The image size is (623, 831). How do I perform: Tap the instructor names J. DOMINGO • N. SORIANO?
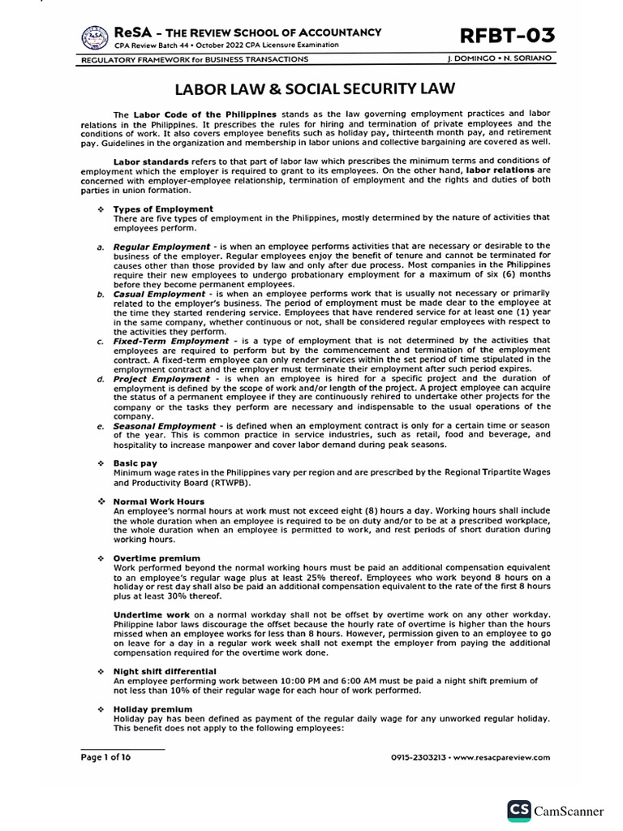499,59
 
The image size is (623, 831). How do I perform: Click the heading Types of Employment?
163,209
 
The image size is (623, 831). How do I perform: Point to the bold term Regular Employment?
161,246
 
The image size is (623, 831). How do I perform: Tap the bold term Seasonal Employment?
165,425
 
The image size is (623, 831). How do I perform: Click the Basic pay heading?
136,463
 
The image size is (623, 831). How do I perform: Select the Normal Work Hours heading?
160,502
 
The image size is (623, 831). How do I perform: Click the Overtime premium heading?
157,558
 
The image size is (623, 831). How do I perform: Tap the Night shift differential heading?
165,671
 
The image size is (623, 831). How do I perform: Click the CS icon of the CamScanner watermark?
519,811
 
